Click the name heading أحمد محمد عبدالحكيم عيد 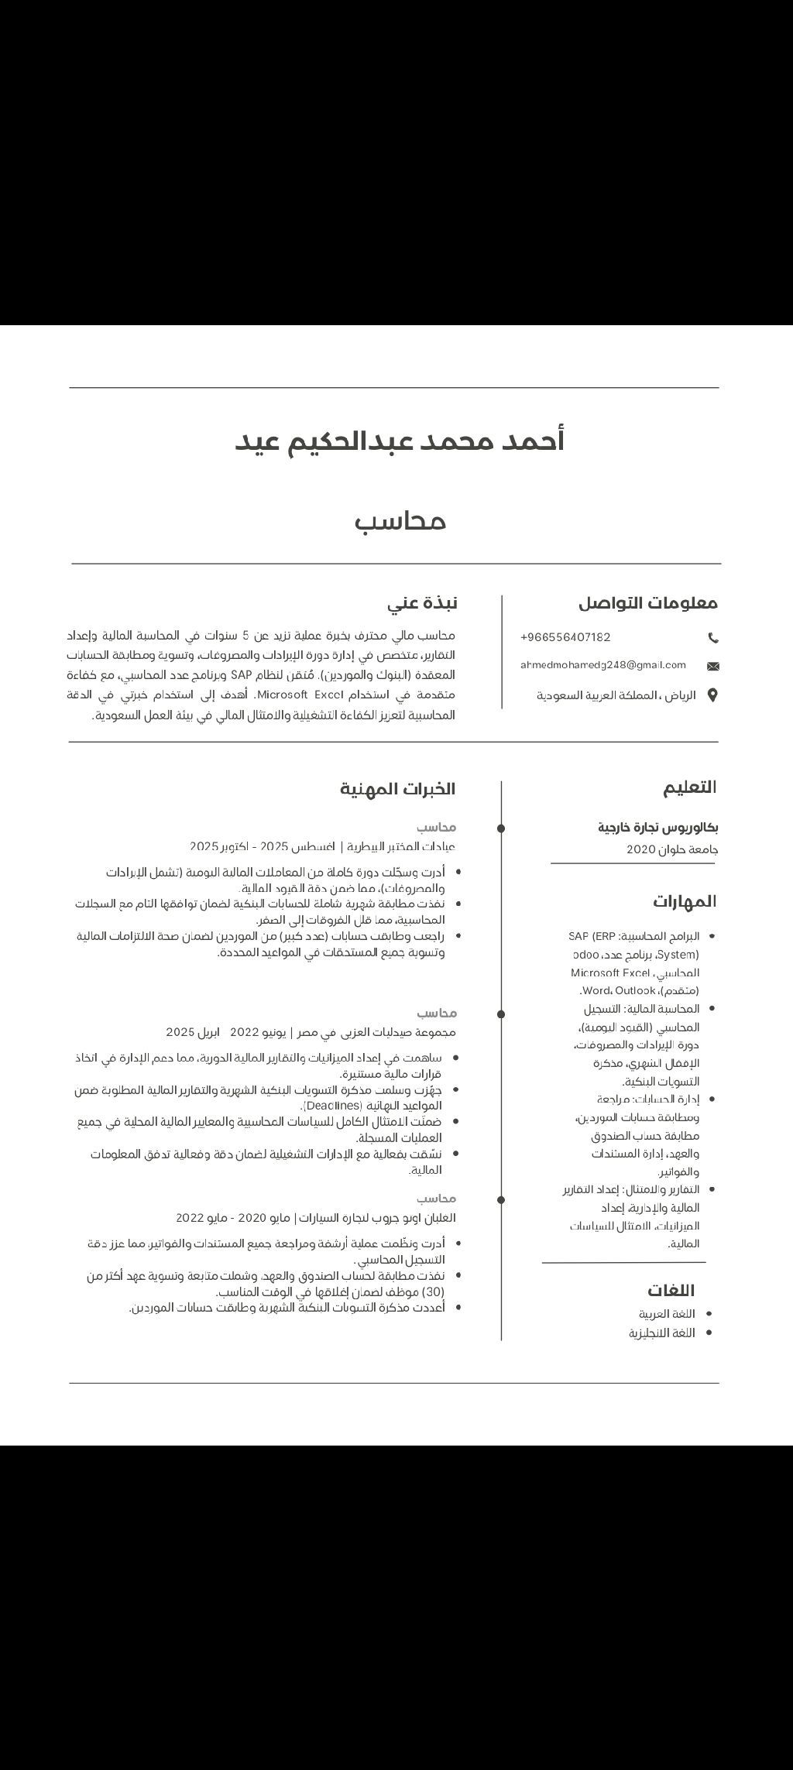pos(400,441)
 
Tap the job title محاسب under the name pos(400,521)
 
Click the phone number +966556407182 pos(565,637)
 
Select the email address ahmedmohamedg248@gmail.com pos(603,665)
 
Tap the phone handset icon pos(713,638)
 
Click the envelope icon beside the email pos(713,666)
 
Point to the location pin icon pos(712,695)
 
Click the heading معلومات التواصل pos(648,603)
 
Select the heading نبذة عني pos(422,603)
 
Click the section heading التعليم pos(689,787)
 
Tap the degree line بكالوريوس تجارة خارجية pos(657,828)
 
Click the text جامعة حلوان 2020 pos(672,849)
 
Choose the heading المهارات pos(684,901)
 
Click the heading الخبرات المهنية pos(397,789)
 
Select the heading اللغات pos(671,1290)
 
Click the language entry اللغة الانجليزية pos(662,1333)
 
